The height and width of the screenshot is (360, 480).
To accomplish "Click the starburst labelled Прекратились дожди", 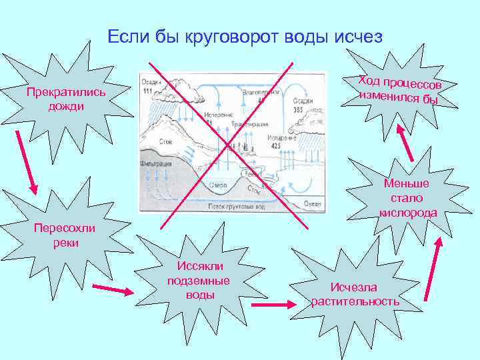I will coord(65,99).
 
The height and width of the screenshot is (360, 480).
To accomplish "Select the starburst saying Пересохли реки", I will coord(65,235).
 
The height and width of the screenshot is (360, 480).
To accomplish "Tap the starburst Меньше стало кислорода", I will coord(407,199).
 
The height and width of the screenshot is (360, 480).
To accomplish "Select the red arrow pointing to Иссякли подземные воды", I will coord(111,289).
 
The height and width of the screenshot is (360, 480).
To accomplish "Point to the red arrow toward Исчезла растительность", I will coord(272,305).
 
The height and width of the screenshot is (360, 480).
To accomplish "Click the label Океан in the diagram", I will coord(313,203).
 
